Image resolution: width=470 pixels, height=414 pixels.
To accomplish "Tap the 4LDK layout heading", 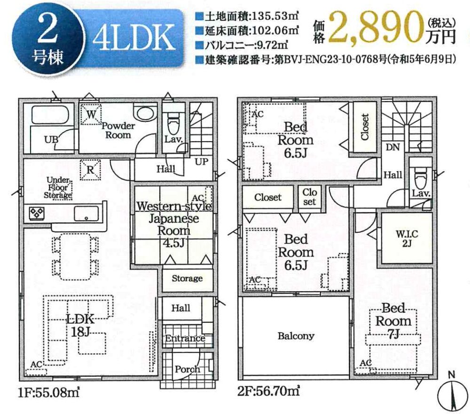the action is (134, 38).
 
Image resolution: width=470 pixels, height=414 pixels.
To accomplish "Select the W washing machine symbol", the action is (91, 114).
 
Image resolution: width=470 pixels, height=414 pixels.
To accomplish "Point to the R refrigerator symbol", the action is (90, 170).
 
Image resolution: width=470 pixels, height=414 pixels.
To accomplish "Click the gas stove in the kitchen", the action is (37, 213).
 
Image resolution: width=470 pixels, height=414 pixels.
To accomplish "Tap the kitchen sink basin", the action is (86, 214).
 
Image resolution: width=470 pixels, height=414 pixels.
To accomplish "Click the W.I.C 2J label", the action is (407, 238).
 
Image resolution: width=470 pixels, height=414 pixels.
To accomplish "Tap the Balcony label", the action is (296, 336).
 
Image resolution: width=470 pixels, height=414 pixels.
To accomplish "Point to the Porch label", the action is (188, 369).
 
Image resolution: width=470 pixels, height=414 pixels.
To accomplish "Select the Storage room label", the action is (187, 278).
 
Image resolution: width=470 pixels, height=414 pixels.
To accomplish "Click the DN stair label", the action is (392, 147).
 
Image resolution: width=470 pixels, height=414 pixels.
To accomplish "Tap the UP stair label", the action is (202, 162).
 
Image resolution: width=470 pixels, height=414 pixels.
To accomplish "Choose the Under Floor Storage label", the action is (58, 188).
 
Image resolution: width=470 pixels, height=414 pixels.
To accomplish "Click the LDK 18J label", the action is (80, 325).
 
